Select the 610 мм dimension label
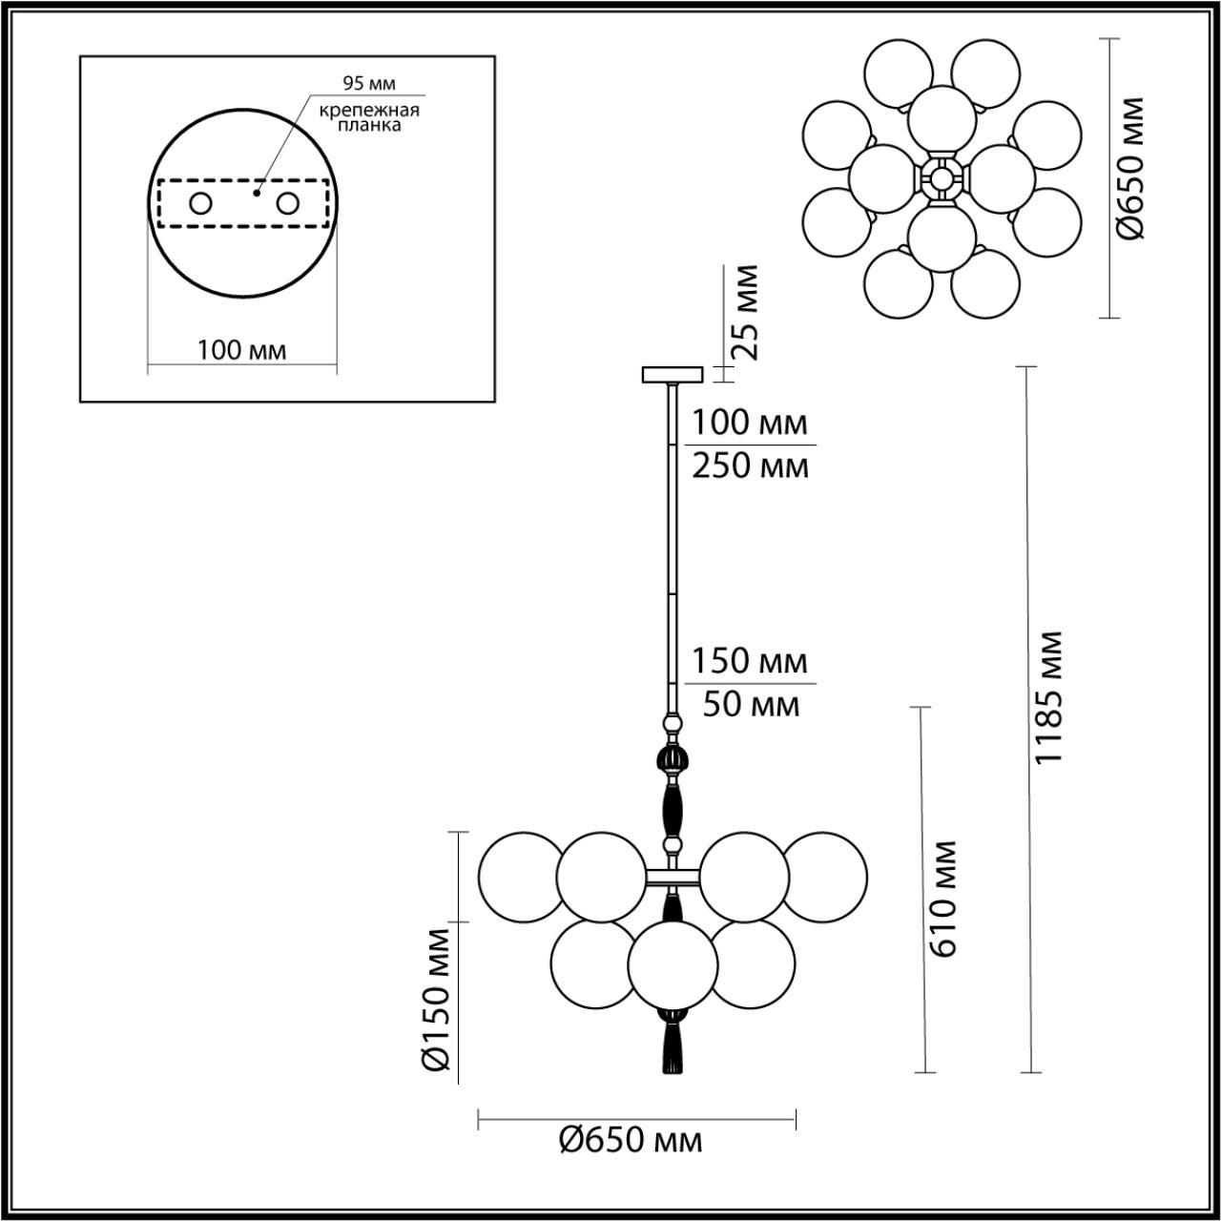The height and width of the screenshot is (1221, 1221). [x=942, y=900]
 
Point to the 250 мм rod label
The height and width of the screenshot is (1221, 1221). [x=750, y=467]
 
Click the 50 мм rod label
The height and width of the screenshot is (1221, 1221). [x=750, y=705]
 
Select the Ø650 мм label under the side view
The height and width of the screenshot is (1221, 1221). [x=631, y=1140]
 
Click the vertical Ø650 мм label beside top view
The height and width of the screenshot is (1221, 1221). [x=1132, y=168]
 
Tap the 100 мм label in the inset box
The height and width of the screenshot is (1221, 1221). [x=241, y=350]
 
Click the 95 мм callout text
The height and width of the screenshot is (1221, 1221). [x=369, y=84]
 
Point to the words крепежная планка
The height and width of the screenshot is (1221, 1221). [x=369, y=117]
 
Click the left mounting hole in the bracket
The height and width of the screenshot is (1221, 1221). [x=201, y=203]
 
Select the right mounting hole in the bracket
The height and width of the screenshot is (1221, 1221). [x=287, y=203]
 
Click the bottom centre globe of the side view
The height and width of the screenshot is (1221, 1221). [x=673, y=963]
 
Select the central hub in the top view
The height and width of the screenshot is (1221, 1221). [x=942, y=177]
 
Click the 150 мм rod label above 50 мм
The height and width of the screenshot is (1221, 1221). [x=750, y=660]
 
